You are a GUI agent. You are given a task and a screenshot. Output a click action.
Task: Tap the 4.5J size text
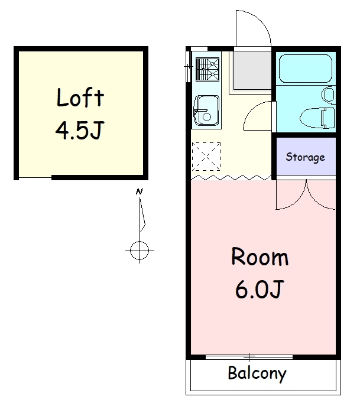tap(80, 131)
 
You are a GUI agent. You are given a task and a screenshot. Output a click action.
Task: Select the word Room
tap(260, 256)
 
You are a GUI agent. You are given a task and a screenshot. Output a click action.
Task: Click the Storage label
tap(306, 157)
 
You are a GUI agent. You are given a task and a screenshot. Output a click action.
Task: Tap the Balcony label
tap(257, 373)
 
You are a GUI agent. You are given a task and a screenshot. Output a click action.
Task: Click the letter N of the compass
tap(139, 191)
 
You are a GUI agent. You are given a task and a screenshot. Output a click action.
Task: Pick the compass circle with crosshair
tap(140, 251)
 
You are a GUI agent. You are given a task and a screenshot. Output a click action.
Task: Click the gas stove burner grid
tap(207, 69)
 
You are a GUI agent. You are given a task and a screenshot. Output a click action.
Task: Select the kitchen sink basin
tap(207, 110)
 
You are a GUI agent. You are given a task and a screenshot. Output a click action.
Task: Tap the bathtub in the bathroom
tap(306, 69)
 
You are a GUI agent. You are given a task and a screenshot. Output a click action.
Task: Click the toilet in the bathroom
tap(317, 118)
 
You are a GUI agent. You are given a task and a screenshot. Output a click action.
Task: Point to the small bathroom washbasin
tap(328, 95)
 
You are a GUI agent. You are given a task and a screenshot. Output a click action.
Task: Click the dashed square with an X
tap(206, 156)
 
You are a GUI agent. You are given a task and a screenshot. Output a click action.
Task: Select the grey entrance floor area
tap(252, 70)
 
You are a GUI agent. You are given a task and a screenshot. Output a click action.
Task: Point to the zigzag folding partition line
tap(231, 177)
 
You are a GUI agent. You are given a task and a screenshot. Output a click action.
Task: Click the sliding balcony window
tap(249, 357)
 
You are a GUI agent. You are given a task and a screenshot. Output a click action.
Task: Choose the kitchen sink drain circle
tap(207, 117)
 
